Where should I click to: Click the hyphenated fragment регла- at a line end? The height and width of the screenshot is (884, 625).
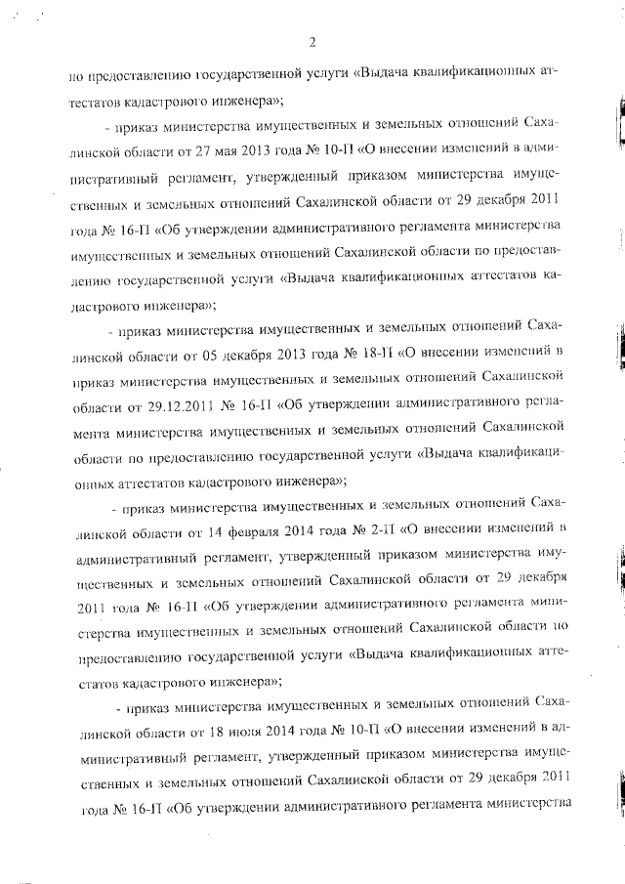tap(547, 403)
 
